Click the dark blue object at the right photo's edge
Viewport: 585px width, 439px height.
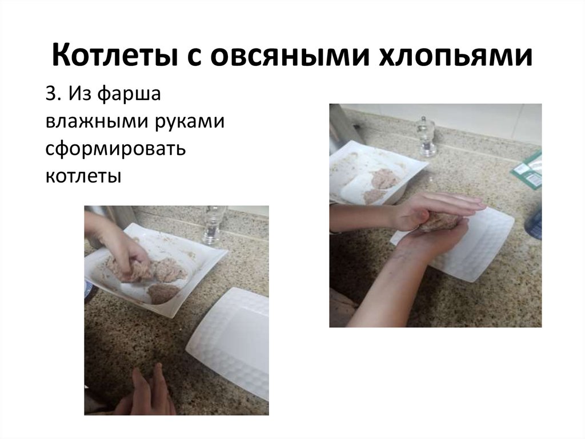pyautogui.click(x=536, y=223)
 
